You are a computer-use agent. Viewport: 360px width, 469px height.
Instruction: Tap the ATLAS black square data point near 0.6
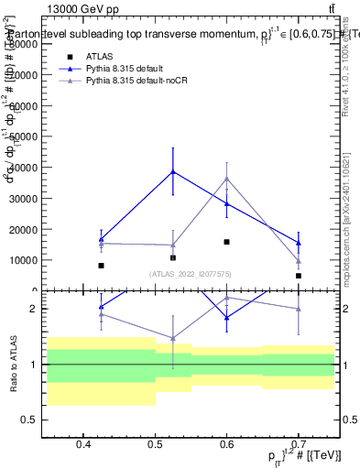[x=226, y=242]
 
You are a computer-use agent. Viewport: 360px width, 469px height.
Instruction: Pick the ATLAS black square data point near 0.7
[x=299, y=275]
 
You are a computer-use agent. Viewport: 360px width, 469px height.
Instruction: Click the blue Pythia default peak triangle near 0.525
[x=173, y=171]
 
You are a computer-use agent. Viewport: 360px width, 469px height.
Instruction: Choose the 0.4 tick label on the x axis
[x=82, y=444]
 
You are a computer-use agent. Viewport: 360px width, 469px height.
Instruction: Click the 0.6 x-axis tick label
[x=226, y=444]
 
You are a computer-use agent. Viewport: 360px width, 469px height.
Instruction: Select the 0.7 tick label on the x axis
[x=299, y=444]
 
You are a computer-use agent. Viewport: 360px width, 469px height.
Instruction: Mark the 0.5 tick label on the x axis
[x=155, y=444]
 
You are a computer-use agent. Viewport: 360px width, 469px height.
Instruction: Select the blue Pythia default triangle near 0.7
[x=299, y=243]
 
